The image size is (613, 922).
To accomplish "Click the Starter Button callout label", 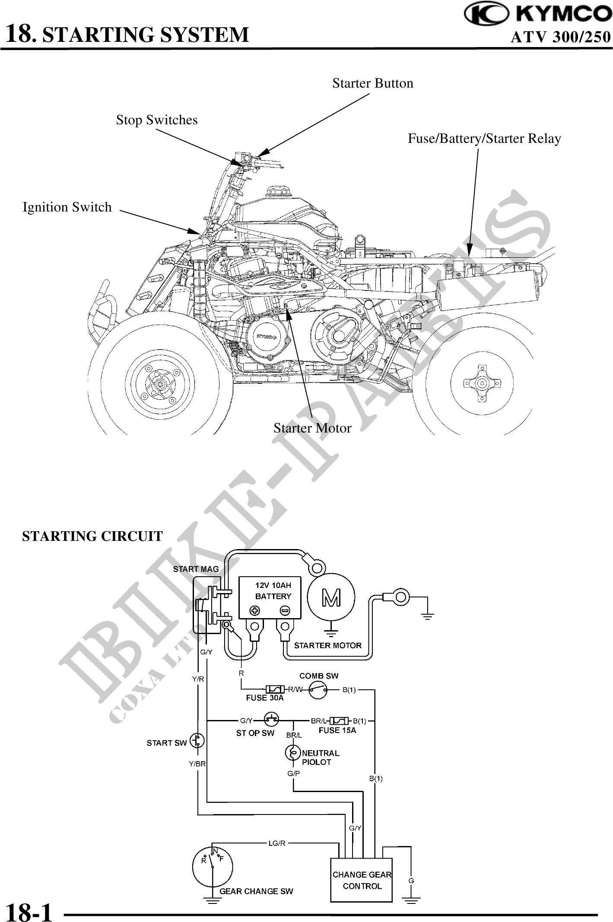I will pos(372,83).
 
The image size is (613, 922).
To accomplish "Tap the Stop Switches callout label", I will pos(156,120).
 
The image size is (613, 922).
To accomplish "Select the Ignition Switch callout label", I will pos(67,207).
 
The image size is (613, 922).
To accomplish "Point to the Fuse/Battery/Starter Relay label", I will pos(484,139).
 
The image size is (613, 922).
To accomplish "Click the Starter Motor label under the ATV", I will pos(312,428).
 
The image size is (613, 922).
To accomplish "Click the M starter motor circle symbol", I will pos(331,597).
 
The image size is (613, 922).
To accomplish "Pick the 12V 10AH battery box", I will pos(270,597).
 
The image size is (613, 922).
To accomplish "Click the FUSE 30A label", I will pos(264,698).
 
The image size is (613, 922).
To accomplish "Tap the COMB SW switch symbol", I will pos(318,690).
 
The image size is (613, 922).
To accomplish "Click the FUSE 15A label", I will pos(337,730).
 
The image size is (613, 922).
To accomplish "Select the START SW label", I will pos(166,743).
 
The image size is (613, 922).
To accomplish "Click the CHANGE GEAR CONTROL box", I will pos(361,880).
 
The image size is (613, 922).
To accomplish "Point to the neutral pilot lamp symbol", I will pos(292,753).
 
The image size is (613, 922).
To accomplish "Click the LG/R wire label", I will pos(277,843).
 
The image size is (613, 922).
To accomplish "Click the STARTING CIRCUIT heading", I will pos(92,536).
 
